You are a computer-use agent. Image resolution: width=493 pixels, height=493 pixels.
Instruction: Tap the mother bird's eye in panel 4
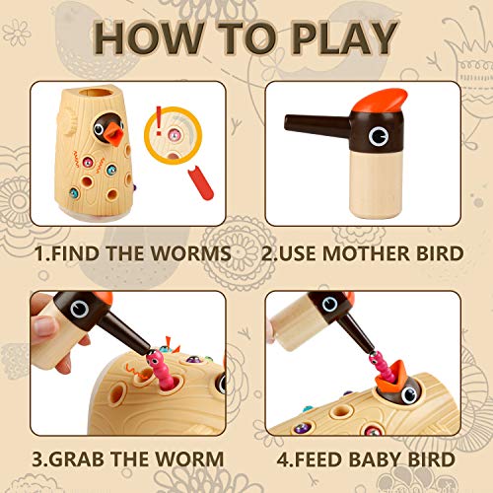[x=335, y=307]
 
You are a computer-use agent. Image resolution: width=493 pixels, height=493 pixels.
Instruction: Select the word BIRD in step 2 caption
[x=437, y=254]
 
